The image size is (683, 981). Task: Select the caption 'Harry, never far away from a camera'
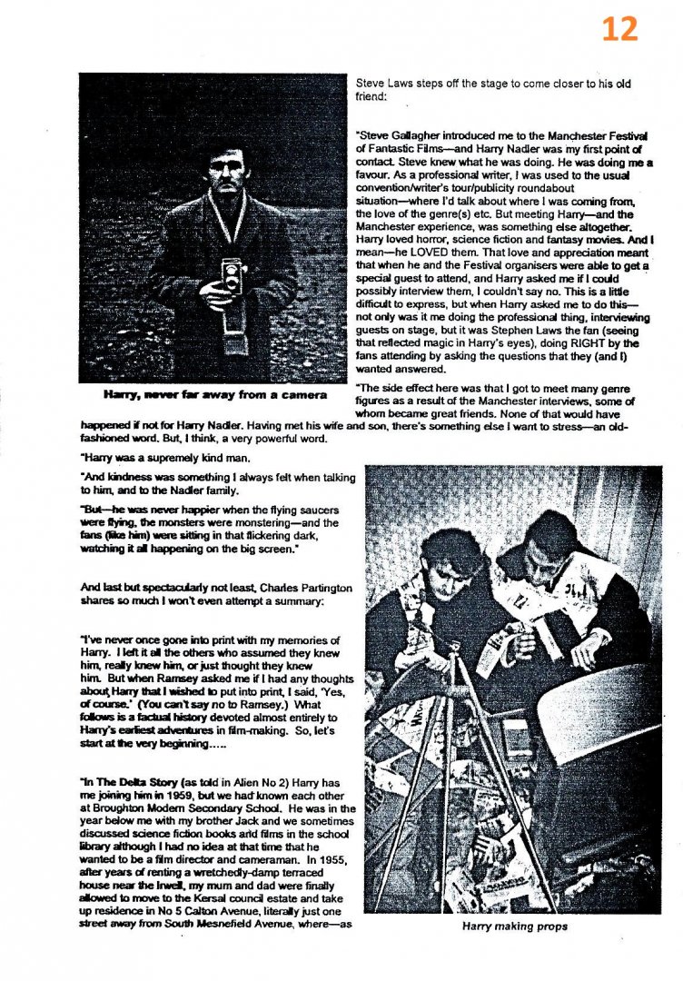[x=215, y=396]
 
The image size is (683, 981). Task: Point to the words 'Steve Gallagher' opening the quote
[x=401, y=135]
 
